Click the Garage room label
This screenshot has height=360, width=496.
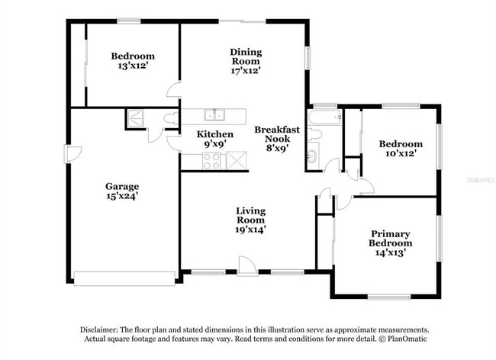click(122, 186)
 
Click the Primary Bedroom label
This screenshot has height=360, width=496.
click(391, 239)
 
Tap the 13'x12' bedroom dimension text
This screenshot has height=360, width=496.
click(133, 66)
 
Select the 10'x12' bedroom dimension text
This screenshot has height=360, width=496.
click(401, 154)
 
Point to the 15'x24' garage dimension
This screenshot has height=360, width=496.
click(122, 196)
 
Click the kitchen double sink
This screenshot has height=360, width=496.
click(214, 115)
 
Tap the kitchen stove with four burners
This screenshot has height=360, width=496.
click(211, 161)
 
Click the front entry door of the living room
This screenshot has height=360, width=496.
click(246, 265)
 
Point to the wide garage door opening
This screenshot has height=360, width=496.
click(124, 278)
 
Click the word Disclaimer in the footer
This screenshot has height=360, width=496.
click(103, 329)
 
